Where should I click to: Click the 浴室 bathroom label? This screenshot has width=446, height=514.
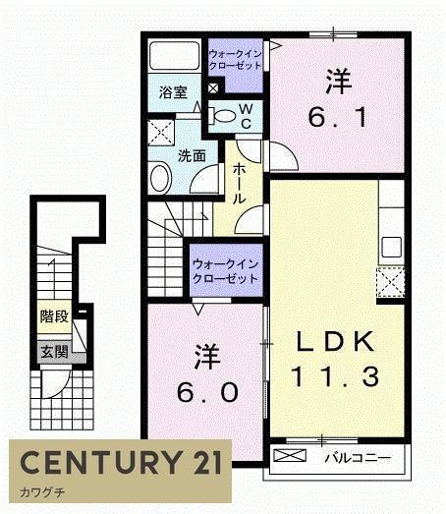173,92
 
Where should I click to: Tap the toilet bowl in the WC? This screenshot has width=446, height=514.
223,116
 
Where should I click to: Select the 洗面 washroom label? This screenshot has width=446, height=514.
192,156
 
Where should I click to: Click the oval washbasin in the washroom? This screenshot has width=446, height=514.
161,179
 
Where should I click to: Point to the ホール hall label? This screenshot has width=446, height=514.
240,184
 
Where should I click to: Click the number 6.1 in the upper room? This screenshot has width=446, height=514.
338,118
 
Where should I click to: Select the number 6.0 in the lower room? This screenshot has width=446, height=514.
207,392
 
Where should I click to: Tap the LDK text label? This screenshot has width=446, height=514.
335,342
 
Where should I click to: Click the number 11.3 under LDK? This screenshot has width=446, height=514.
335,376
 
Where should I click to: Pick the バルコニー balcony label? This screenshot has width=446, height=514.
358,458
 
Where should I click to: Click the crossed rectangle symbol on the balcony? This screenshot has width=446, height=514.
290,455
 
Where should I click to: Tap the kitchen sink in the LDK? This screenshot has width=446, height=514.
392,247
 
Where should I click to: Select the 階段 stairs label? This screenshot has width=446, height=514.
54,316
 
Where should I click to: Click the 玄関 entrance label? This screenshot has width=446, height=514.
54,353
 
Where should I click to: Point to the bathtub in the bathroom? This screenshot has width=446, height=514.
174,55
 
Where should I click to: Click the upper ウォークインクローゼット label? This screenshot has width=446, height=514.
236,60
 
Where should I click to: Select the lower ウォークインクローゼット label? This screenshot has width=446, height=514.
226,271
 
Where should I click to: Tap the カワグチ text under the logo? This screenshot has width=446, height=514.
42,492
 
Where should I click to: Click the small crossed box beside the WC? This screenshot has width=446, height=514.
213,88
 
